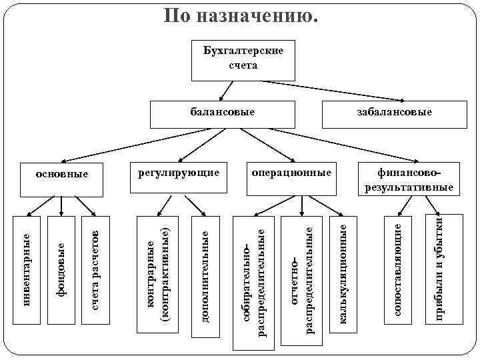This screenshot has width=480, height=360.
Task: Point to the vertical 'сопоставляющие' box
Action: click(x=399, y=270)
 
